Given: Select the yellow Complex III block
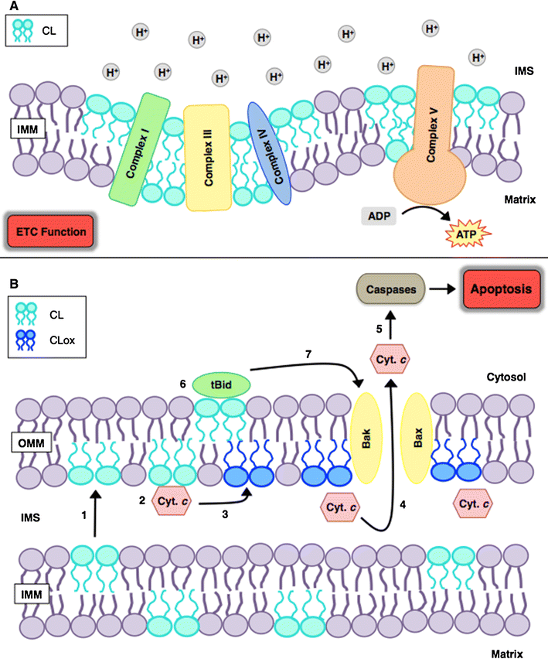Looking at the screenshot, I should tap(207, 157).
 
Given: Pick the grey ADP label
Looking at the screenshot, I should tap(378, 215).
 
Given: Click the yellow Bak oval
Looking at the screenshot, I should tap(367, 430).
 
